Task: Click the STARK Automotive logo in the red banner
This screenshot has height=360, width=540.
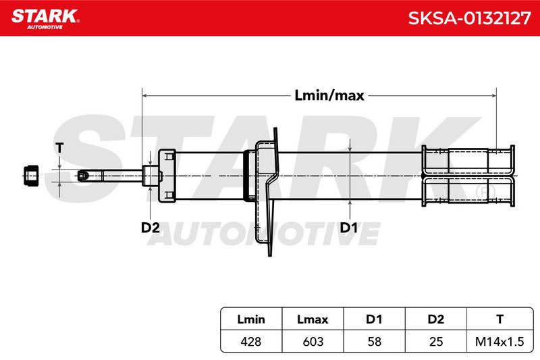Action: click(45, 19)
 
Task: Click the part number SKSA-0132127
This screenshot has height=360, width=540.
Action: click(469, 18)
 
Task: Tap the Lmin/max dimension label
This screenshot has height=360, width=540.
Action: click(329, 95)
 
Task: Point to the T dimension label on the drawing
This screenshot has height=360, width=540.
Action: click(59, 148)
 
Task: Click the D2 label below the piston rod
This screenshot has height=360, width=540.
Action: click(150, 228)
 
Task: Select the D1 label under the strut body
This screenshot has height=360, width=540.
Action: click(348, 228)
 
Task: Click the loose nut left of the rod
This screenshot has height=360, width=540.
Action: click(31, 176)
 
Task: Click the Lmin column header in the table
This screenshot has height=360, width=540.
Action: click(251, 319)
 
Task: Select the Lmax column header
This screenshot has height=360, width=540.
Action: click(313, 319)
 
